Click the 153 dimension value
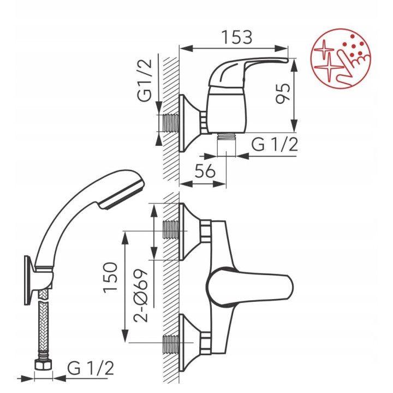[x=237, y=37]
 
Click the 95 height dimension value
[x=283, y=93]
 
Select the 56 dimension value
[x=205, y=171]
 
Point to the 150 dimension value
[x=110, y=277]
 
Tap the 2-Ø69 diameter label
[x=141, y=295]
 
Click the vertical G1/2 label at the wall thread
[x=145, y=80]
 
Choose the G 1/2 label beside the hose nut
[x=91, y=368]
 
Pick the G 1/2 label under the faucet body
[x=275, y=144]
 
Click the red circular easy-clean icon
[x=341, y=58]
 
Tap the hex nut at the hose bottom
[x=43, y=364]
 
